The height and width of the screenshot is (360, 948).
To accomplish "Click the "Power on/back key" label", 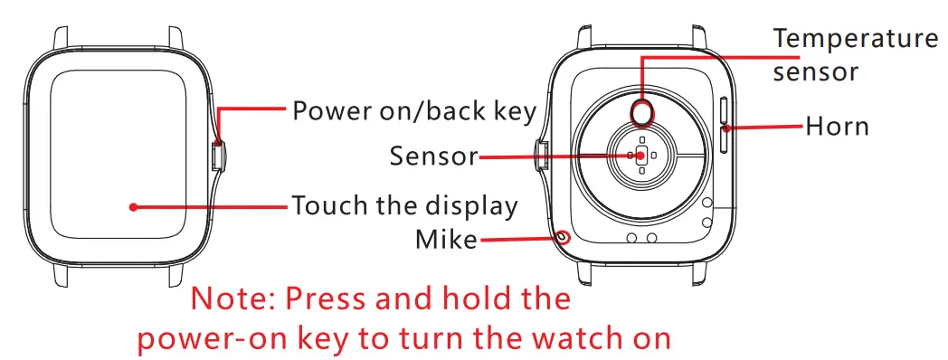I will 414,111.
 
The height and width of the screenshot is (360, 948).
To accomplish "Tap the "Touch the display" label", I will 404,206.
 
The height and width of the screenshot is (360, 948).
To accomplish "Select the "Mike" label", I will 445,240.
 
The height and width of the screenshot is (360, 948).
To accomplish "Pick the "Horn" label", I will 837,127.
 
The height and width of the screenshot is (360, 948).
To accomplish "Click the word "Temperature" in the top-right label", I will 855,39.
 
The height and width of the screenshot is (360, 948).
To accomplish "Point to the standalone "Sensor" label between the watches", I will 433,156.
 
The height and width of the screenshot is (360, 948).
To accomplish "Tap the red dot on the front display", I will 133,206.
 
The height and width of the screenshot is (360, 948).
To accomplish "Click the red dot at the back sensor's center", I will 640,156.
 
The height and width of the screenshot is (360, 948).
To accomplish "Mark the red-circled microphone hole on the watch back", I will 564,237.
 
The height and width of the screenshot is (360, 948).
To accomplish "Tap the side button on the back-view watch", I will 541,156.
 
